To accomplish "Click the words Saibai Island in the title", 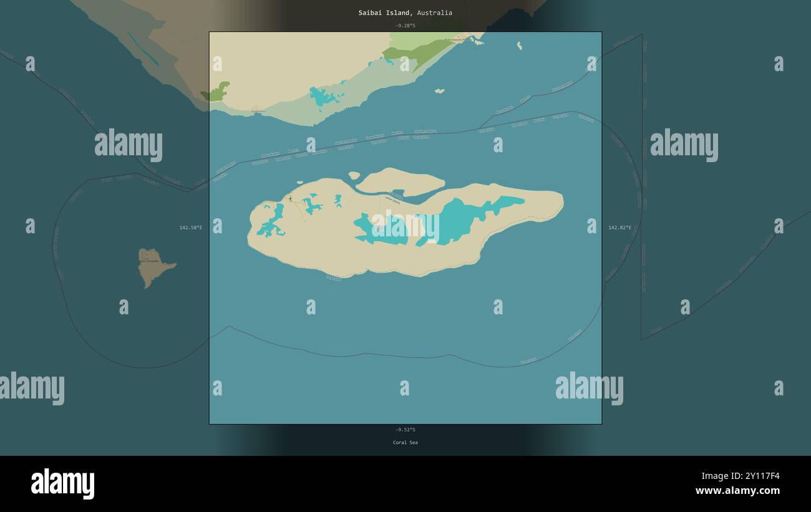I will coord(384,12).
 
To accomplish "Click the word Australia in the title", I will coord(435,12).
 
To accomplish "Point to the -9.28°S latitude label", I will coord(405,26).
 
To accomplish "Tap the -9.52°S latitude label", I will coord(405,430).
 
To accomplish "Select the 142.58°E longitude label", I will coord(191,228).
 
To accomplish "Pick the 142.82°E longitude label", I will coord(619,228).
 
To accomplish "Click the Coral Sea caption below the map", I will coord(405,443).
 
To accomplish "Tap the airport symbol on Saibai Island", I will coord(290,199).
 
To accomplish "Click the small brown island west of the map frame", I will coord(154,266).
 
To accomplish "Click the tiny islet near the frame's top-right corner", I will coord(519,46).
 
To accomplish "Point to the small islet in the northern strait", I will coord(440,91).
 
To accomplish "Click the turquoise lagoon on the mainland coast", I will coord(324,97).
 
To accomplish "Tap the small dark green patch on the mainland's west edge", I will coord(216,92).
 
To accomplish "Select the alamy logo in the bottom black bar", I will coord(62,484).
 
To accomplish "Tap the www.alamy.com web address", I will coord(737,491).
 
